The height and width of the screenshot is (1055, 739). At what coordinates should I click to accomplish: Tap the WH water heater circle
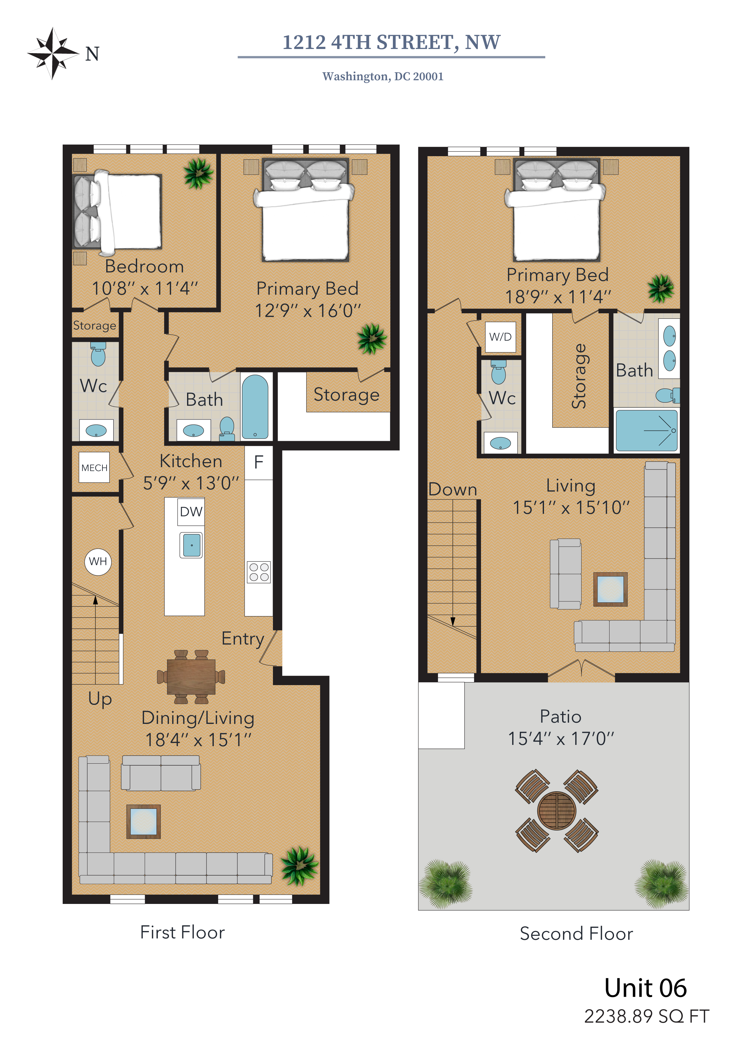tap(98, 561)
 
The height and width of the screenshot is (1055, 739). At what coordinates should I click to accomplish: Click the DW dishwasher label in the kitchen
tap(191, 511)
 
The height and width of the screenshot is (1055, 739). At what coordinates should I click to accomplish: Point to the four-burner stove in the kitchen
tap(259, 572)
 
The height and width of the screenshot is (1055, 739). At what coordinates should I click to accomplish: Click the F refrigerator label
tap(259, 462)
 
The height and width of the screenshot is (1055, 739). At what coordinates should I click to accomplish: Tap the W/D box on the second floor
tap(500, 337)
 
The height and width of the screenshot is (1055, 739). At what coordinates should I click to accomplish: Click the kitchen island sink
tap(192, 545)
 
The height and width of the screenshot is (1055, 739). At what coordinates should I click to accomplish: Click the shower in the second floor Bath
tap(646, 431)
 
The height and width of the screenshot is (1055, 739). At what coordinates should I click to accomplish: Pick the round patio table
tap(556, 811)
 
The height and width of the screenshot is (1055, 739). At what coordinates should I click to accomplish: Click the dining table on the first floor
tap(191, 677)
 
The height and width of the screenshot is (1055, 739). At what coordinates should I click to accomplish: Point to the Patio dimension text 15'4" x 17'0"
tap(561, 739)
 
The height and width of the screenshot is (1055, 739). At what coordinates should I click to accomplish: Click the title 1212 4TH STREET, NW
tap(392, 42)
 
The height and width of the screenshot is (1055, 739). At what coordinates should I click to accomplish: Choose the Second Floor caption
tap(576, 934)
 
